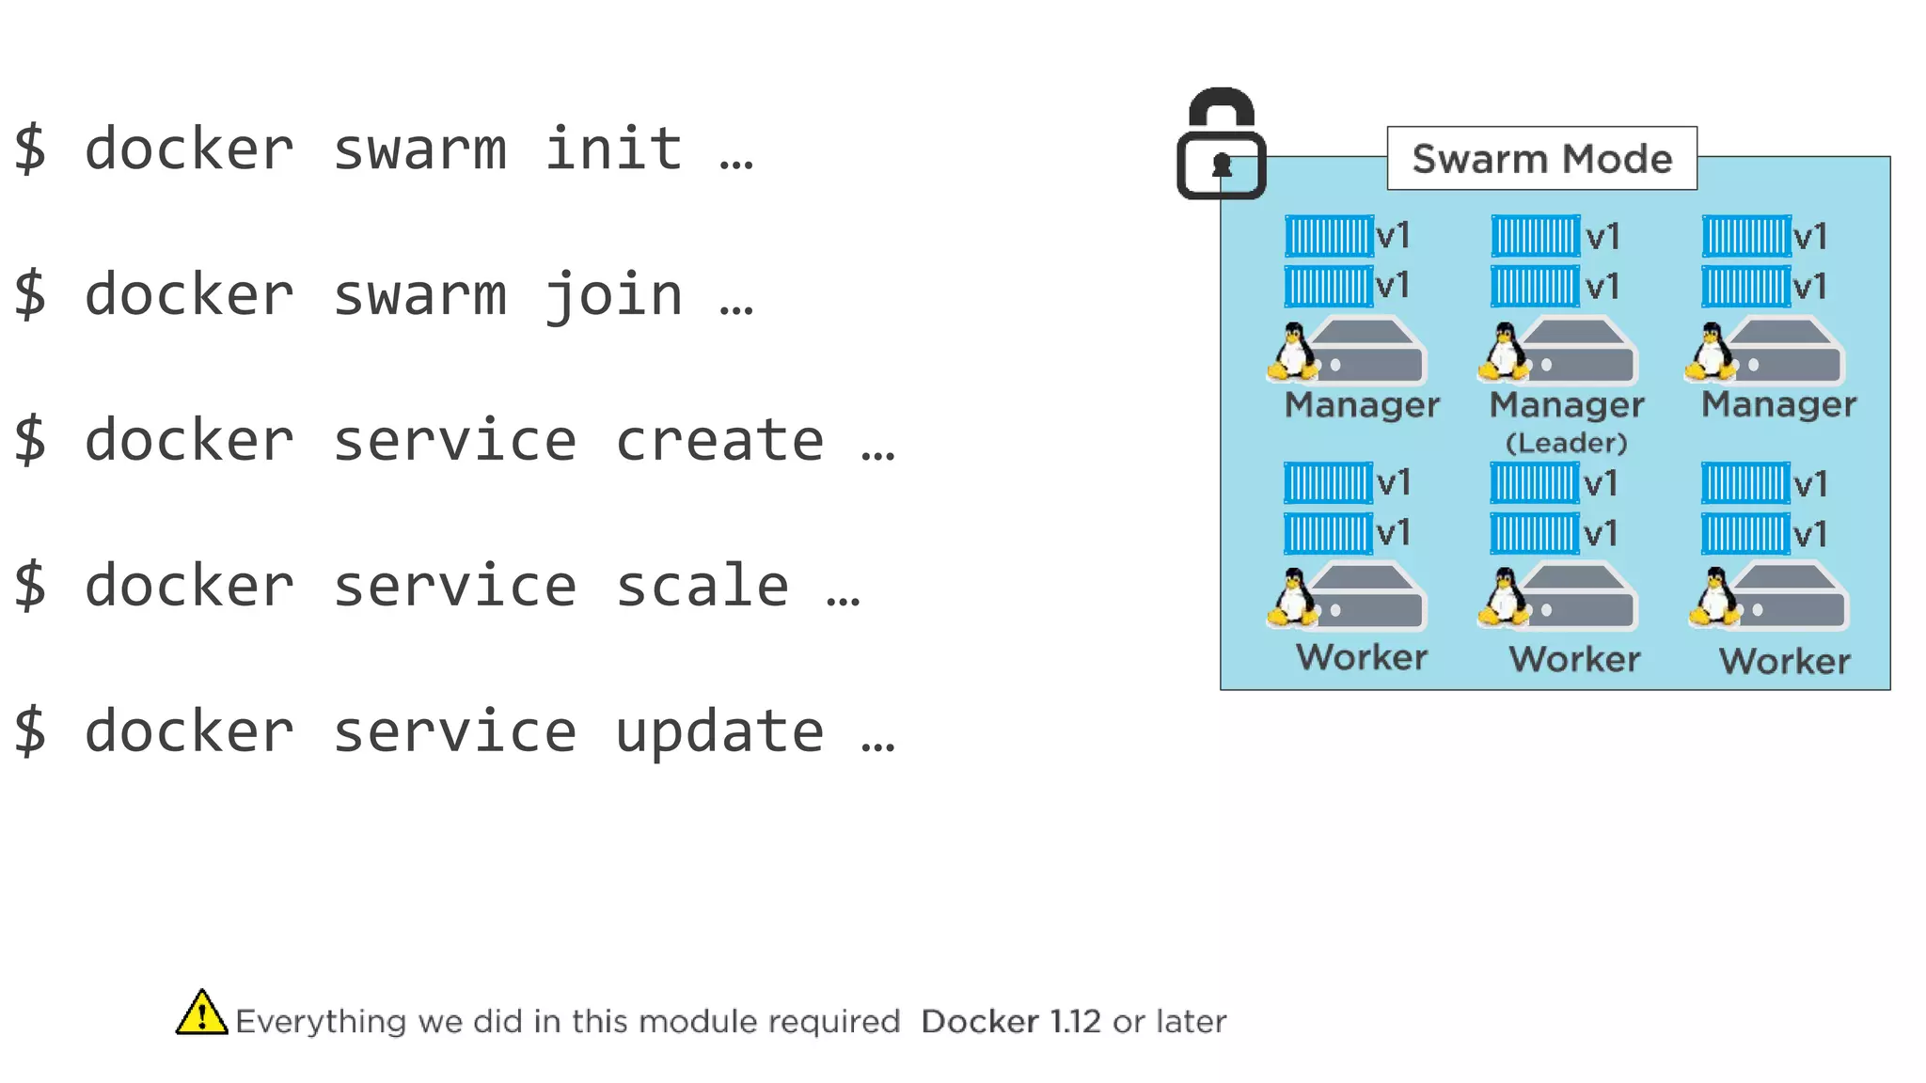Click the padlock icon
1221,145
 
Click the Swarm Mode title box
1541,159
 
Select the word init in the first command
613,149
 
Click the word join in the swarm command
613,295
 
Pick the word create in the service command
719,441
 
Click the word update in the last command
719,732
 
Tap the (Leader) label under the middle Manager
1566,443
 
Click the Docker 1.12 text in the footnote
1010,1022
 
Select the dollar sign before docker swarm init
30,149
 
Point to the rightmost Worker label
1784,661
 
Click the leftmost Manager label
1362,405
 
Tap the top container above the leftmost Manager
1329,236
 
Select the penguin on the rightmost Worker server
1715,597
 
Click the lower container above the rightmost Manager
1745,287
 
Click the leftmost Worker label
1361,657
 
